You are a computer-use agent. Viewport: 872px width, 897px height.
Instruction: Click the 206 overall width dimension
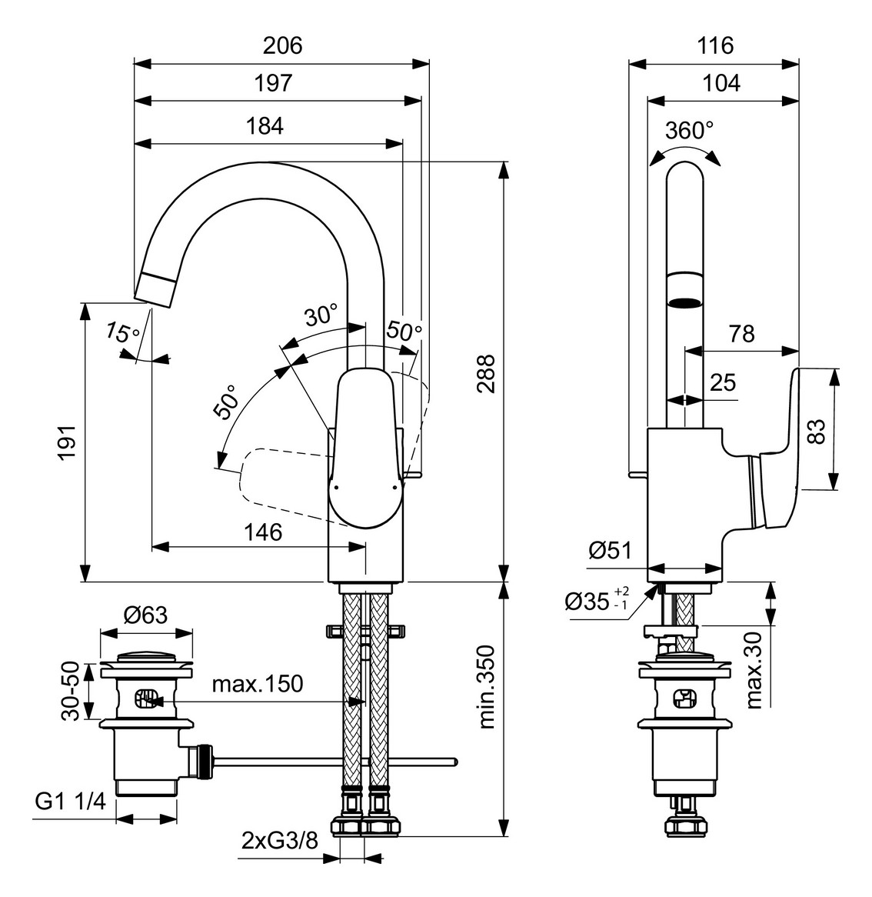(x=283, y=45)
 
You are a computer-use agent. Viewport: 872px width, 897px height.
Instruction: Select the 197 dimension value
(x=274, y=83)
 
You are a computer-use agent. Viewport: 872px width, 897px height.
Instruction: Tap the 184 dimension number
(x=265, y=125)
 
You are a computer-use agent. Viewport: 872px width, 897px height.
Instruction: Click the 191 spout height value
(x=68, y=442)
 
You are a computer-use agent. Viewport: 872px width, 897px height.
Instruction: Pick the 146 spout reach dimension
(x=263, y=532)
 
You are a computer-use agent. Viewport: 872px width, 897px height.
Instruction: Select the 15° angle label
(x=122, y=333)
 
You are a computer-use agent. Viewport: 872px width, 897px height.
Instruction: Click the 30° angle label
(x=321, y=315)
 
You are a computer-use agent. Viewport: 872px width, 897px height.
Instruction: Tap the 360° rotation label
(x=689, y=130)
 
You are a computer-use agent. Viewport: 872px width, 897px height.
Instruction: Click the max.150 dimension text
(x=258, y=683)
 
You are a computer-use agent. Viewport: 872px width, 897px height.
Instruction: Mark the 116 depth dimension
(x=715, y=45)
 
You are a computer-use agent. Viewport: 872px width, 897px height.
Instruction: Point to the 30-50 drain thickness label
(x=70, y=690)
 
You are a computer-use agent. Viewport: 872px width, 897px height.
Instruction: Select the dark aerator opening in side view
(x=685, y=301)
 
